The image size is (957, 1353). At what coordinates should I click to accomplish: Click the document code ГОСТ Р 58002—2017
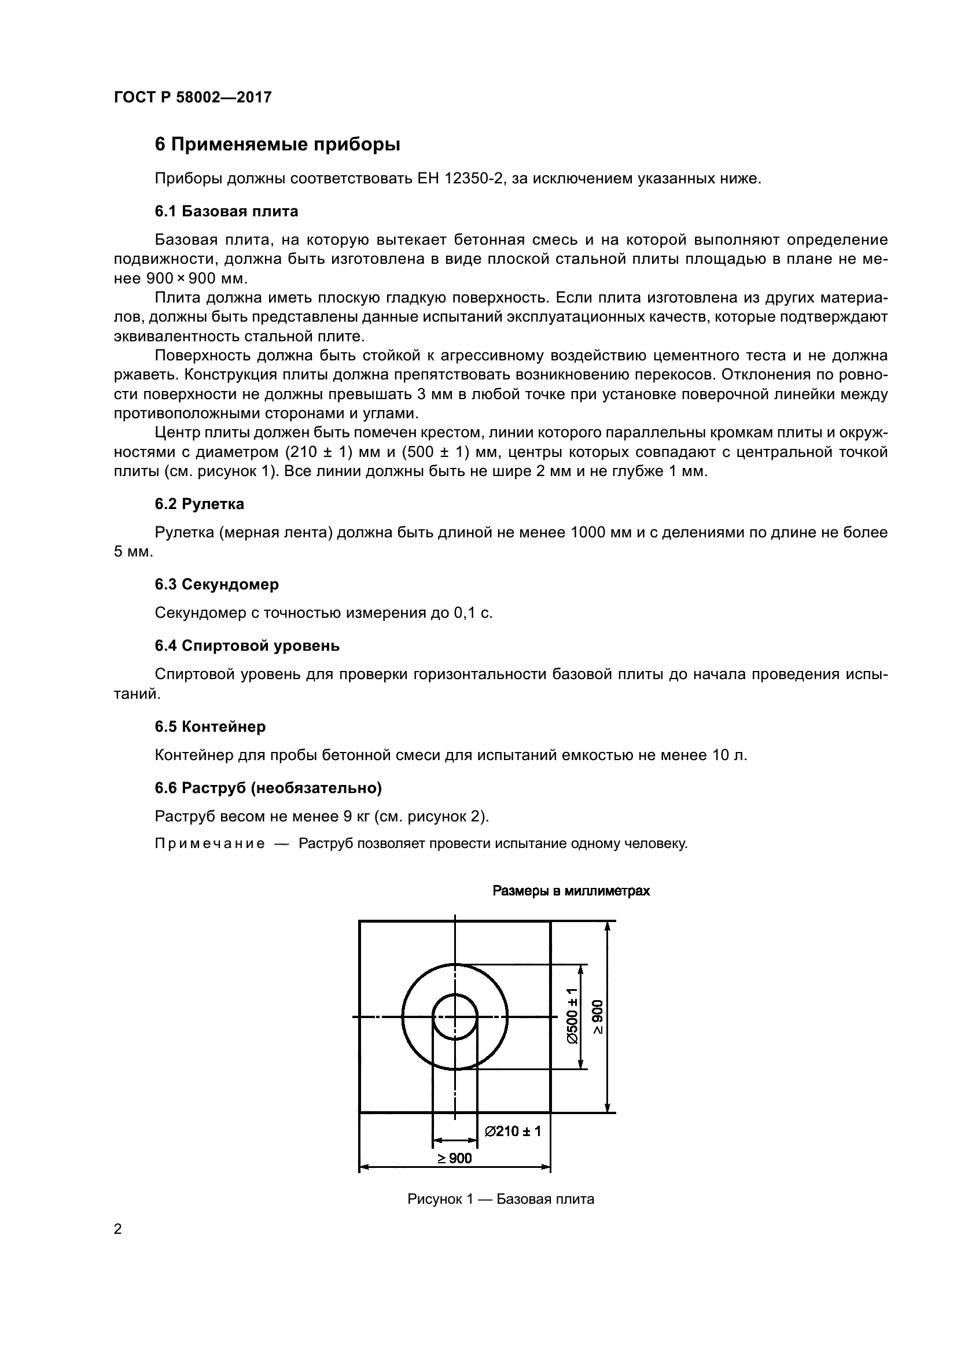(193, 97)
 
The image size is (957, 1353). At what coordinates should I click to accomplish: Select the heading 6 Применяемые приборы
(277, 145)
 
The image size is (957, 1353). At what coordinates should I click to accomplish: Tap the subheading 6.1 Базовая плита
(226, 211)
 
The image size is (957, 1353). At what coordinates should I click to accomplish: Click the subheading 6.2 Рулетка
(199, 504)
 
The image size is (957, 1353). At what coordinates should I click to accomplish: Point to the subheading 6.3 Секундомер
(217, 585)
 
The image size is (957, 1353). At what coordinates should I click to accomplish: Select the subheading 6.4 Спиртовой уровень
(247, 646)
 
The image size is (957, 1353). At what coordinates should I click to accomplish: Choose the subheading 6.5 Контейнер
(210, 727)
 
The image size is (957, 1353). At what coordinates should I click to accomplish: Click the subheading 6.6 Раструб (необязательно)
(268, 788)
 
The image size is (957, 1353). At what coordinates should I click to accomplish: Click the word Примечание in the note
(209, 844)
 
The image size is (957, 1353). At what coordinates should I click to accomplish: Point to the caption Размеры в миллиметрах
(570, 891)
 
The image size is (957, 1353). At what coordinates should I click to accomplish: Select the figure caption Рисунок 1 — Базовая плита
(500, 1199)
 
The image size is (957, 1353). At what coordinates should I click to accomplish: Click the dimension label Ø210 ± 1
(512, 1131)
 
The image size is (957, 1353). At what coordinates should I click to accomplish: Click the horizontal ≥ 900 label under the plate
(454, 1159)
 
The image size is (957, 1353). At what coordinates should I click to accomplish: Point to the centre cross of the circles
(455, 1017)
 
